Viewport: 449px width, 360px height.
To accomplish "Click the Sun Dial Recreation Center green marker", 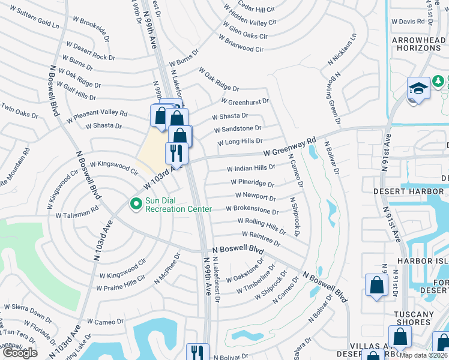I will point(136,205).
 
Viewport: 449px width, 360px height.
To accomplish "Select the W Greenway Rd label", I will point(289,147).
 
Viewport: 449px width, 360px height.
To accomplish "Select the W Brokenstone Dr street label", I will point(252,210).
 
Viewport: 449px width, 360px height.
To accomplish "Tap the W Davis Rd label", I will point(408,21).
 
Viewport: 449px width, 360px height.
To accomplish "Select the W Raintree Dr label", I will point(261,238).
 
